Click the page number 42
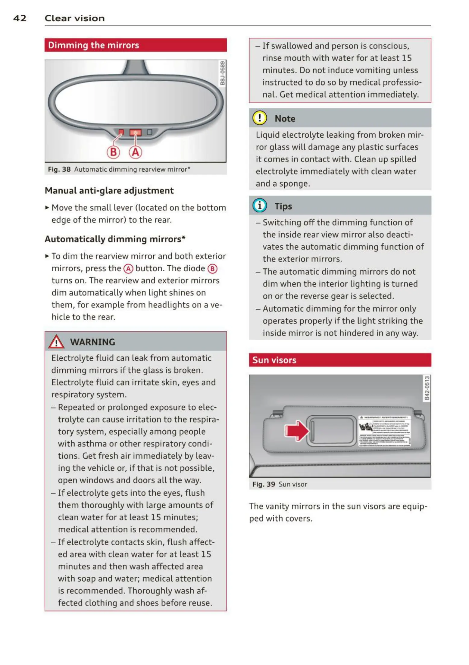tap(20, 18)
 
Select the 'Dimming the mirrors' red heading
tap(93, 45)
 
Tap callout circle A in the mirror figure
tap(136, 152)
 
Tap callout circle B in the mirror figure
tap(113, 152)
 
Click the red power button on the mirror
tap(135, 133)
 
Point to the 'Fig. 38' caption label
tap(59, 169)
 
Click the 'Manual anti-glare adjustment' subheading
tap(109, 191)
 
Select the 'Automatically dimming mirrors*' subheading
tap(115, 239)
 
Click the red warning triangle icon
tap(56, 342)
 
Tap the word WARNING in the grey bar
tap(92, 342)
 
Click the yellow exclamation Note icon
tap(259, 118)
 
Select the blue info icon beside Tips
tap(259, 206)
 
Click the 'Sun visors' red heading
tap(274, 360)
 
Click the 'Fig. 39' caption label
tap(264, 484)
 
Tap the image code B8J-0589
tap(222, 73)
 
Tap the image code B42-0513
tap(427, 389)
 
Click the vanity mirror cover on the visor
tap(331, 431)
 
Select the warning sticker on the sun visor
tap(384, 431)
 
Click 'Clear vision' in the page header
tap(74, 18)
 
